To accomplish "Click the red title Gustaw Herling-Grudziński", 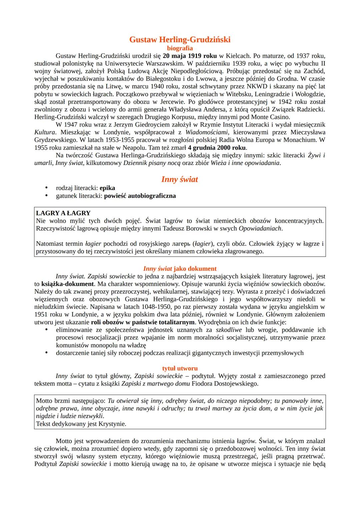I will click(180, 40).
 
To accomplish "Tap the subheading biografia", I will click(180, 48).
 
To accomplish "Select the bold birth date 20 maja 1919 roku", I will click(190, 56).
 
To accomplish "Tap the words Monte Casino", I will click(270, 117).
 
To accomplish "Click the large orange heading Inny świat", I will click(180, 179).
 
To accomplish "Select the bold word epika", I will click(107, 188).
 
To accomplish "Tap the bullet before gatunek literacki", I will click(47, 196).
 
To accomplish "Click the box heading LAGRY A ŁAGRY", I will click(63, 213).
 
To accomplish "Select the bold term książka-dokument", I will click(67, 284).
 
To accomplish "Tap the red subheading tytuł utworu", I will click(180, 368).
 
